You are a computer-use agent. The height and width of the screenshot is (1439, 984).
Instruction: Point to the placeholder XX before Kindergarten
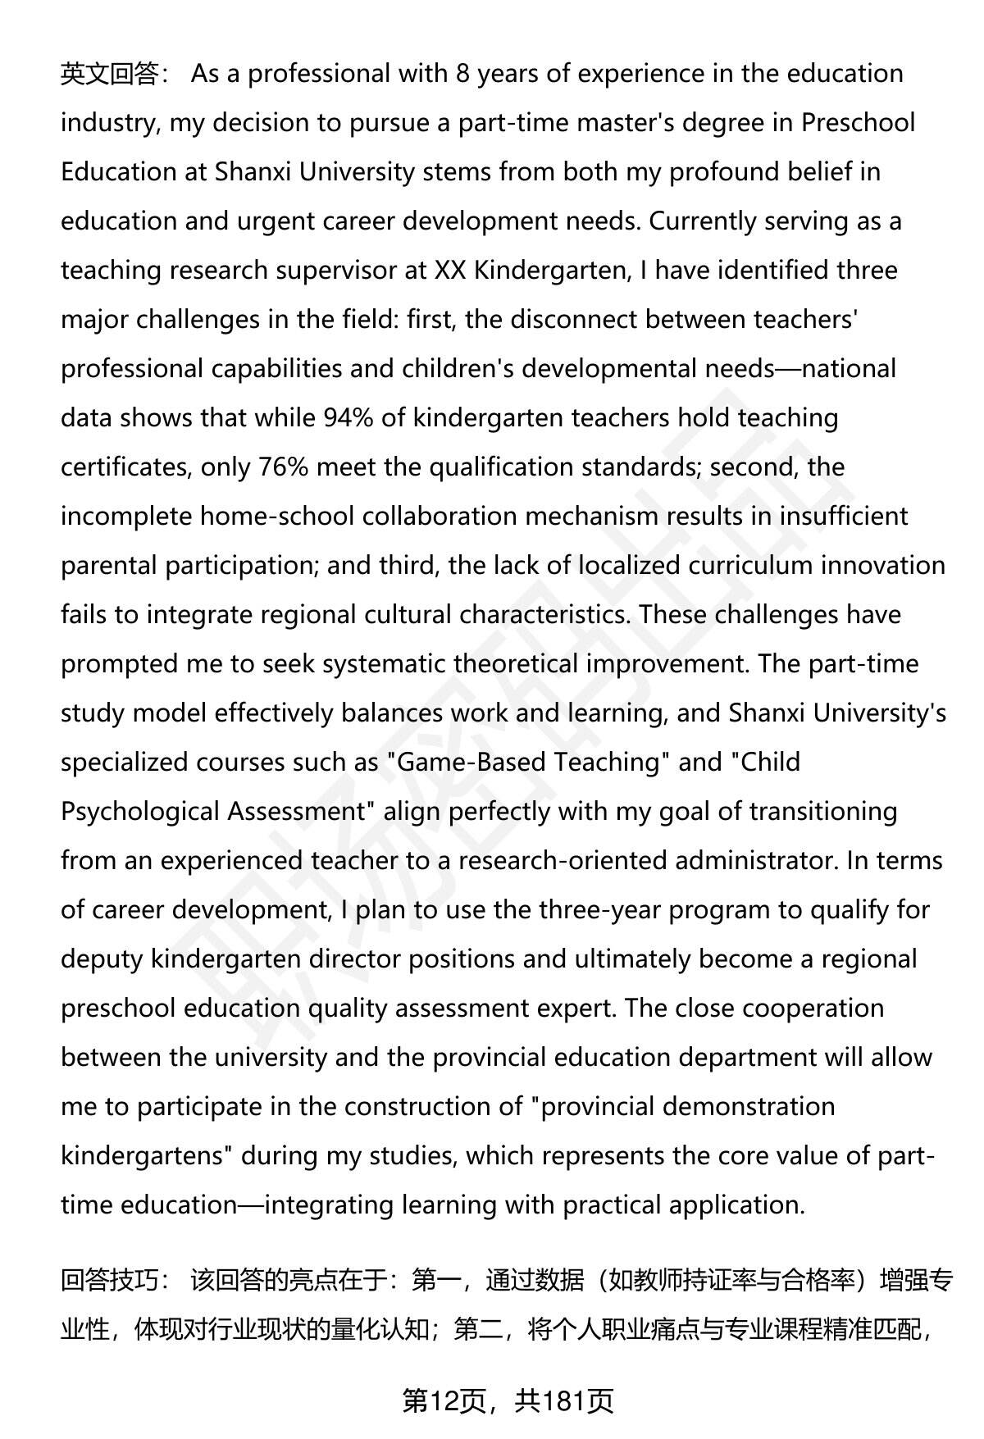pyautogui.click(x=450, y=271)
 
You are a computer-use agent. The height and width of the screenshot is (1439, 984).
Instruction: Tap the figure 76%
pyautogui.click(x=283, y=467)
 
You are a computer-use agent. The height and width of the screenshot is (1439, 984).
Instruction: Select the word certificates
pyautogui.click(x=124, y=467)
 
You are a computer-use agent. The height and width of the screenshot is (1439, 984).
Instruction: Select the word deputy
pyautogui.click(x=102, y=959)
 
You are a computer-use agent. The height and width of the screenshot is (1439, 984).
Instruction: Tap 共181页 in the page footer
pyautogui.click(x=564, y=1402)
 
